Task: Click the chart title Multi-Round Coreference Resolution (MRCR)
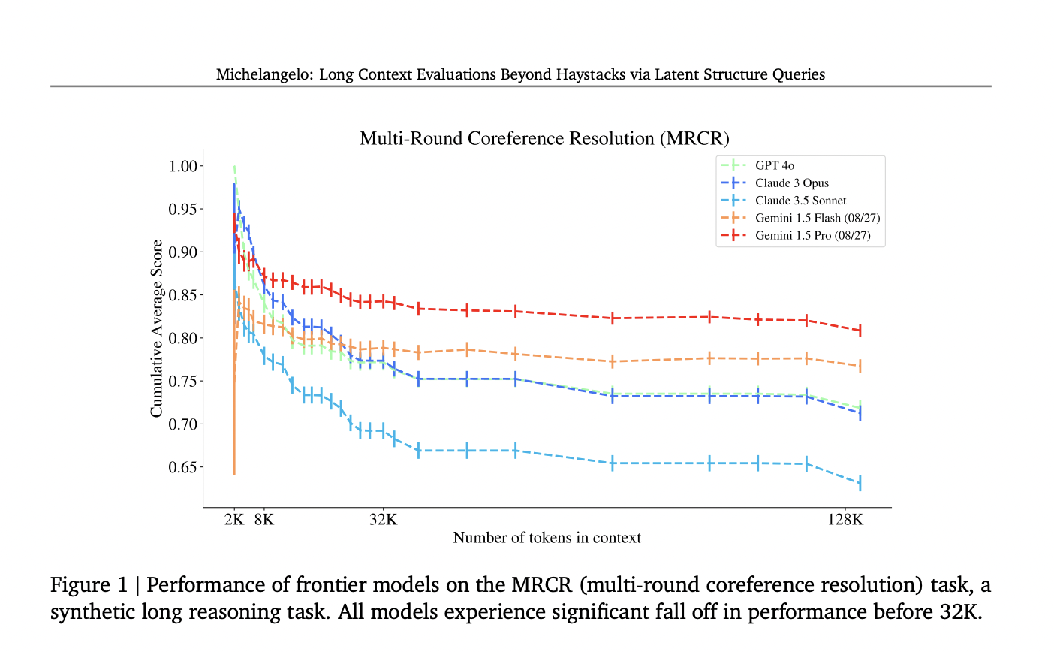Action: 544,138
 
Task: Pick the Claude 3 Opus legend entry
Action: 792,183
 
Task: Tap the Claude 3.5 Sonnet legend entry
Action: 800,201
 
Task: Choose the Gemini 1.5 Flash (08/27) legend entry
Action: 818,218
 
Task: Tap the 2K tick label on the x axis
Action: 234,519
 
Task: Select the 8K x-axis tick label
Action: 263,519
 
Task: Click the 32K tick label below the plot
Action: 383,519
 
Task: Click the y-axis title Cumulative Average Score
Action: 156,328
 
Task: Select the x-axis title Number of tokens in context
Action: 547,538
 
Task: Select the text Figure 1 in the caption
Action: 89,585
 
